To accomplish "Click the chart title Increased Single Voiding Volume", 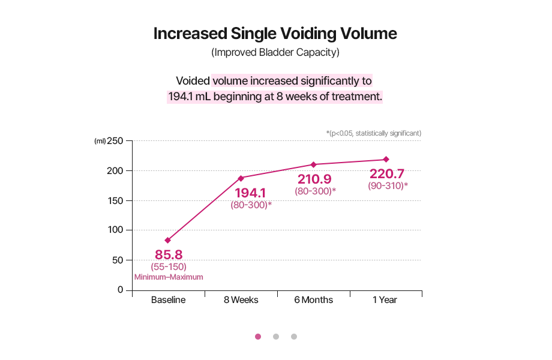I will [x=275, y=33].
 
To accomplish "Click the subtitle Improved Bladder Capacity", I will [x=275, y=52].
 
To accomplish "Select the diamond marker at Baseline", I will [x=168, y=240].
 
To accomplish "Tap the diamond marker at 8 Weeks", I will [x=241, y=178].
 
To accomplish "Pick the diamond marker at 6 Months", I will [x=313, y=164].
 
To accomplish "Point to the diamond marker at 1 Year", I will [x=386, y=160].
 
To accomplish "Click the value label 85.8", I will [x=169, y=254].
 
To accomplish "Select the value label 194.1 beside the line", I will [x=250, y=193].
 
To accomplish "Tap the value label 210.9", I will [x=315, y=179].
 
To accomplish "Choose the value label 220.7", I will [x=387, y=174].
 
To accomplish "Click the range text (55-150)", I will [x=169, y=266].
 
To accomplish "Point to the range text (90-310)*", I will [x=388, y=186].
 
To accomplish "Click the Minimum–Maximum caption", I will [x=169, y=277].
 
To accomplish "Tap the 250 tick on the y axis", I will [x=115, y=141].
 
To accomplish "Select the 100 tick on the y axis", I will [x=115, y=230].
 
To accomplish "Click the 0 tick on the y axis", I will [x=120, y=289].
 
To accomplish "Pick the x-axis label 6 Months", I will [x=313, y=300].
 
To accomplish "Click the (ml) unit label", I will [x=100, y=142].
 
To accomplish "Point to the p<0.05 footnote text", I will [x=373, y=133].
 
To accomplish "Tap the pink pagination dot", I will [x=258, y=337].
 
